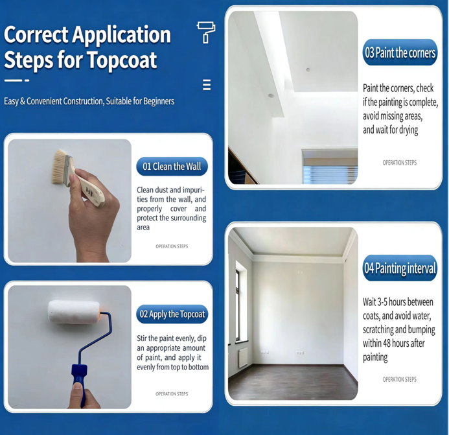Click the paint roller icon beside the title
coord(206,32)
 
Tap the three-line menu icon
coord(207,85)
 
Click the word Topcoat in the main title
coord(121,60)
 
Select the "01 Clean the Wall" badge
coord(172,167)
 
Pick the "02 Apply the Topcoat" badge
coord(172,314)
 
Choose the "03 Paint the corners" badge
coord(400,53)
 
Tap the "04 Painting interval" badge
coord(400,268)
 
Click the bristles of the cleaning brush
coord(60,166)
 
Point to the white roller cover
coord(74,312)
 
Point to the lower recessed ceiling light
coord(271,96)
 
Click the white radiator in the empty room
coord(243,357)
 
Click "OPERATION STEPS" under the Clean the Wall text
coord(172,246)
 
